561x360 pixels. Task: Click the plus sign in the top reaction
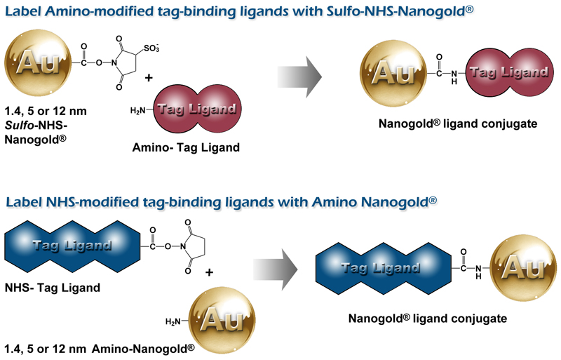point(149,79)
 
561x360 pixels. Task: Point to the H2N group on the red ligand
point(140,109)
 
